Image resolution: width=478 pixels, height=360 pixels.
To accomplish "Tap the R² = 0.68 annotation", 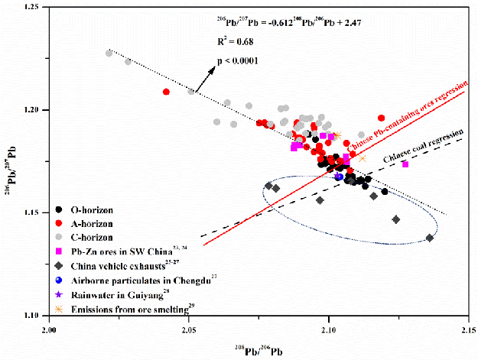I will click(228, 48).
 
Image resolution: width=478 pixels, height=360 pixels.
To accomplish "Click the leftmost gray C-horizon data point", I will click(109, 54).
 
